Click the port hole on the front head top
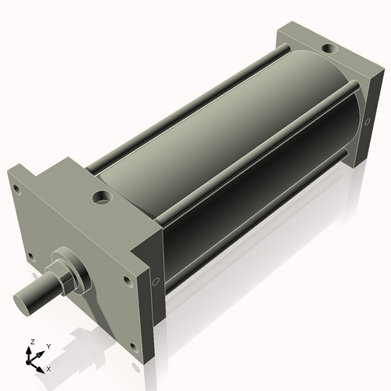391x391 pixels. tap(102, 197)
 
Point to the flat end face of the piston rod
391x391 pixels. tap(23, 300)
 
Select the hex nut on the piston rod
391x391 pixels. tap(58, 276)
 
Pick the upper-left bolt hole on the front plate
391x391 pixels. tap(16, 188)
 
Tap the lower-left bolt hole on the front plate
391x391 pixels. tap(30, 255)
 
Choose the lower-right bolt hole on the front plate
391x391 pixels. tap(134, 345)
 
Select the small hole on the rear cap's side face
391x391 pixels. tap(368, 120)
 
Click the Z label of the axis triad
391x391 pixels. tap(32, 342)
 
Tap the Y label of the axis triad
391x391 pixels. tap(48, 345)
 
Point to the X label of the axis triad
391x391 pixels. tap(49, 368)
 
